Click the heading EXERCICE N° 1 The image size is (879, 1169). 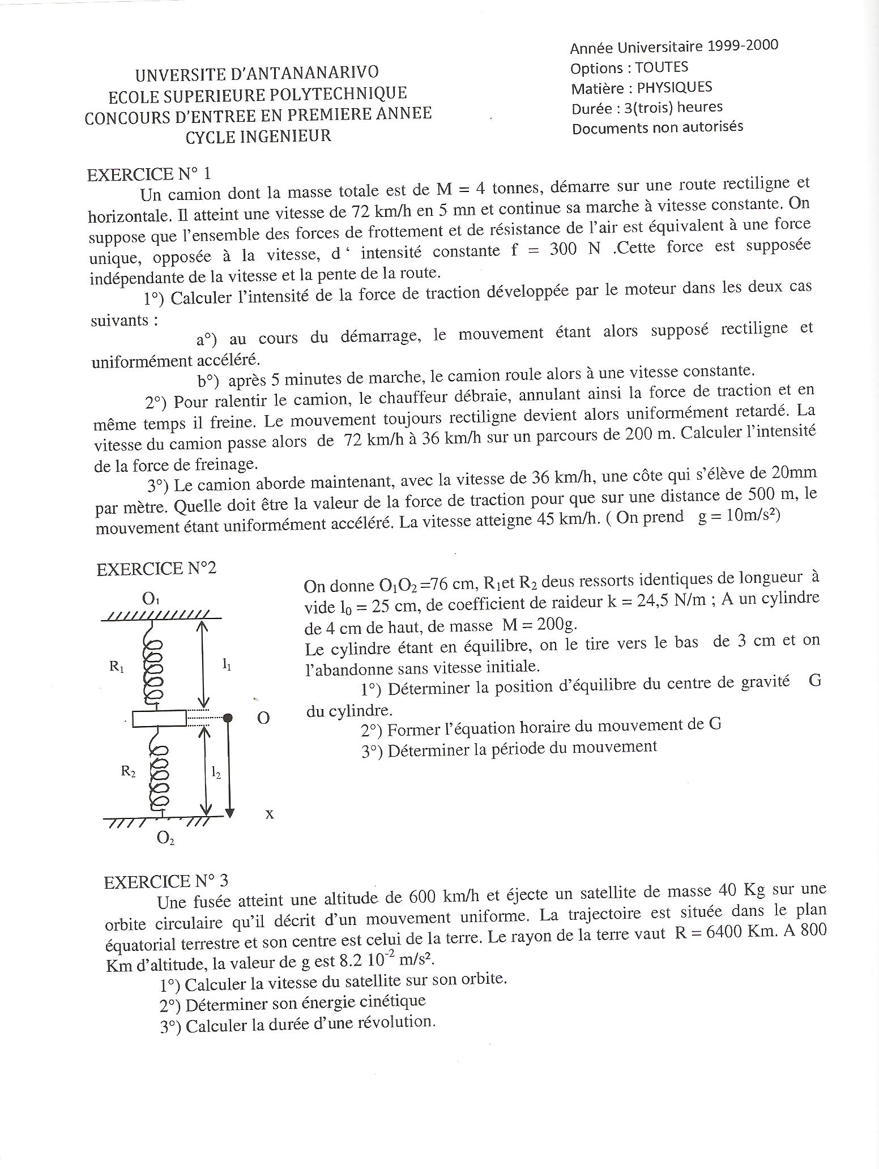click(x=149, y=174)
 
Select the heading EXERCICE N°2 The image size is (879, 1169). click(x=156, y=569)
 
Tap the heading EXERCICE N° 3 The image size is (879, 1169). click(x=166, y=881)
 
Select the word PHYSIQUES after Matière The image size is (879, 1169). click(x=675, y=88)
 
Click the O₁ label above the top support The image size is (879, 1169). click(x=151, y=598)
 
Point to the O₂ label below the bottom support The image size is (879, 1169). click(x=165, y=838)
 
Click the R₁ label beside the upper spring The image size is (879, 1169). click(x=117, y=667)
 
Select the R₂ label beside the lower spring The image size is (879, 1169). click(x=128, y=771)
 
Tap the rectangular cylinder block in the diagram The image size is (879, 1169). click(x=159, y=718)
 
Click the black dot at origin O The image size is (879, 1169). click(x=228, y=718)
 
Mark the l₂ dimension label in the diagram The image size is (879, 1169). click(x=216, y=772)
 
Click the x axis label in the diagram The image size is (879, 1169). click(x=270, y=814)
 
